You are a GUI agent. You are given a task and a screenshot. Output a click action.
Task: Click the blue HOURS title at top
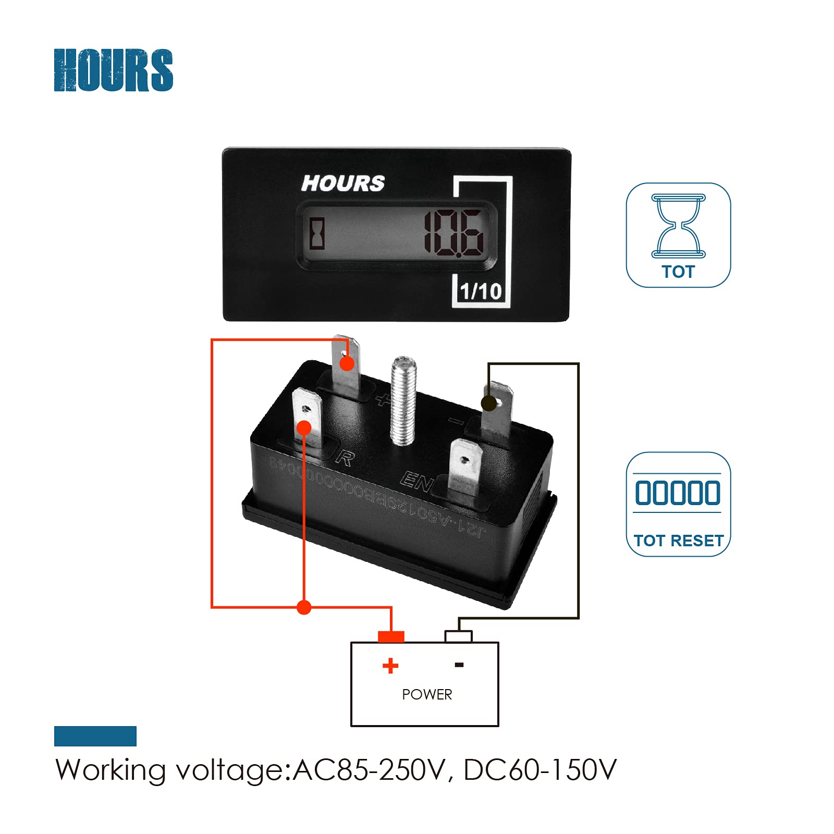[x=113, y=70]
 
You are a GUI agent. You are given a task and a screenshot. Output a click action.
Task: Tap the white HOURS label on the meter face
[x=343, y=183]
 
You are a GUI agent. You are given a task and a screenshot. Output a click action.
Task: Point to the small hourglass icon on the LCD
[x=317, y=234]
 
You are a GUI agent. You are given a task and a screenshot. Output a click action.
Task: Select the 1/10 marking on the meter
[x=481, y=291]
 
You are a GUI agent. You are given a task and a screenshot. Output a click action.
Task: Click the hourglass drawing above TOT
[x=678, y=226]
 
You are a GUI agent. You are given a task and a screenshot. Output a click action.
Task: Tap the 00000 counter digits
[x=678, y=493]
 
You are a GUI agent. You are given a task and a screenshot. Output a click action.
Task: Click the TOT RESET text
[x=679, y=541]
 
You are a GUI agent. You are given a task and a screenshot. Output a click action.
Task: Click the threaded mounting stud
[x=403, y=400]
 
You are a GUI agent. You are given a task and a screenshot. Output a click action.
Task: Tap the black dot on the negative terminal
[x=488, y=403]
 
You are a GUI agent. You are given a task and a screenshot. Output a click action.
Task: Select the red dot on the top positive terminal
[x=347, y=363]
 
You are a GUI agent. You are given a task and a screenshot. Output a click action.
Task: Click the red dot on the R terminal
[x=304, y=428]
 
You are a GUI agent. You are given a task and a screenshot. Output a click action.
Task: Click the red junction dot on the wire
[x=304, y=607]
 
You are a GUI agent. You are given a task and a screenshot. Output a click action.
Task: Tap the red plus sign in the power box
[x=390, y=666]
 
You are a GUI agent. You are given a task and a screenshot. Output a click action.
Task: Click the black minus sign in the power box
[x=459, y=665]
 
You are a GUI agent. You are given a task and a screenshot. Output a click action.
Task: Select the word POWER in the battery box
[x=427, y=694]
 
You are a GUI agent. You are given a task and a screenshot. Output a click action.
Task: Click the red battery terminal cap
[x=391, y=636]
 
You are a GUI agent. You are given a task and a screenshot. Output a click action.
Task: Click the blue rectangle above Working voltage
[x=95, y=736]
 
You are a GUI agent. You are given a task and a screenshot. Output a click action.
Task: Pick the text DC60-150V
[x=539, y=770]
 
